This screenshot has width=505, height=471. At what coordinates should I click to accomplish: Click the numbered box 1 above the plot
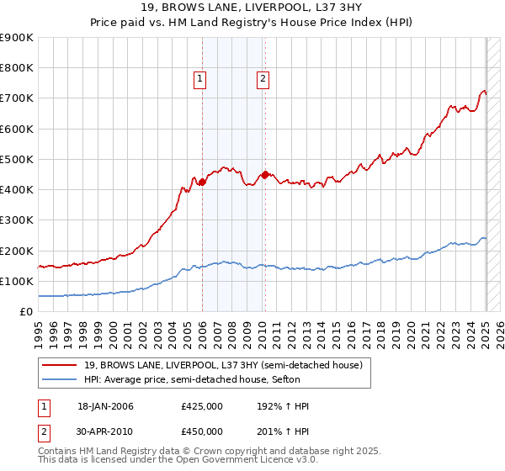[x=201, y=79]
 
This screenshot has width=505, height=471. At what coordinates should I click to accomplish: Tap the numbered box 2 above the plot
[x=263, y=79]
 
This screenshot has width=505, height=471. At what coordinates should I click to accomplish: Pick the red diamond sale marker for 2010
[x=265, y=174]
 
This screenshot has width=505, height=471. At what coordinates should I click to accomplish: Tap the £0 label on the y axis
[x=25, y=311]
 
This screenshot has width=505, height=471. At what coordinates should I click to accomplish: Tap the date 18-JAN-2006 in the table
[x=105, y=406]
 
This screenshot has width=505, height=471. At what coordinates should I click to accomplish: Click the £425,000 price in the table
[x=201, y=406]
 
